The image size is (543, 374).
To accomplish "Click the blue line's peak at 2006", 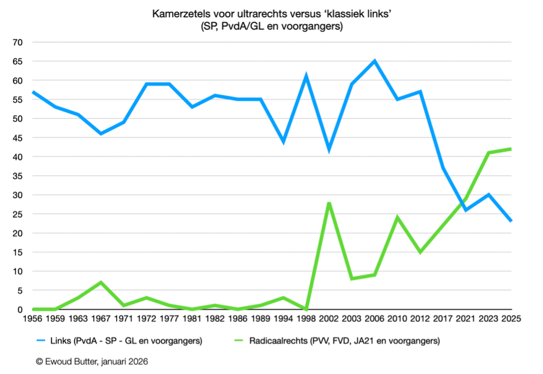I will tap(374, 61).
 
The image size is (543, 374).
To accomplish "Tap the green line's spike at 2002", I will tap(329, 203).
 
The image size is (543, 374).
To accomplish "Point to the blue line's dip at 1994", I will tap(283, 141).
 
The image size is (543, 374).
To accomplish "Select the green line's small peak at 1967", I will tap(101, 282).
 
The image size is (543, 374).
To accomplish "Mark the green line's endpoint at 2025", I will tap(511, 149).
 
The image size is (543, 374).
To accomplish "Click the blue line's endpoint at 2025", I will tap(511, 221).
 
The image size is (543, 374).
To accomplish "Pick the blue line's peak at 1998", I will tap(306, 77).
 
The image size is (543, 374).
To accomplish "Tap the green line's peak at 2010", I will tap(397, 218).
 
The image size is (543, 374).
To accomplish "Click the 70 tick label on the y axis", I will tap(17, 42).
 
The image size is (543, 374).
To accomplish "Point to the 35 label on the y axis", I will tap(17, 176).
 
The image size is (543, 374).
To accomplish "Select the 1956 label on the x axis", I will tap(32, 319).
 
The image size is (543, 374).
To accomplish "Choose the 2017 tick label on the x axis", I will tap(442, 319).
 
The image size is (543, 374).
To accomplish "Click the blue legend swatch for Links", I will tap(41, 341).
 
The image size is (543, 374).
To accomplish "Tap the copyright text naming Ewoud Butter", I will tap(92, 361).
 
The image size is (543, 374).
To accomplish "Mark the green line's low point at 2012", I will tap(420, 252).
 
